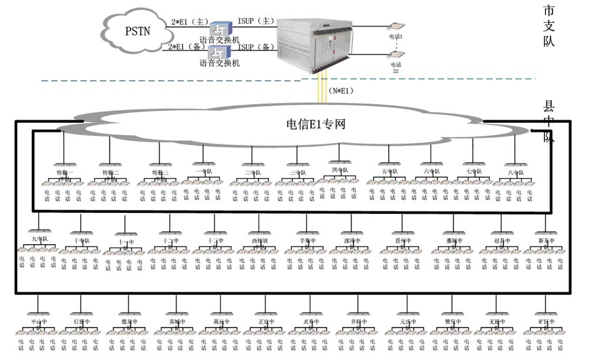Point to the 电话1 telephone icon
point(395,27)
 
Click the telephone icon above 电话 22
point(395,54)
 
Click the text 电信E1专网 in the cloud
point(316,124)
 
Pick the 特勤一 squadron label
point(64,173)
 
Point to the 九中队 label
point(39,239)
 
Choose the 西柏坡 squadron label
point(259,242)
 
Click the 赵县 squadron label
point(501,242)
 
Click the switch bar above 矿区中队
point(544,313)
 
